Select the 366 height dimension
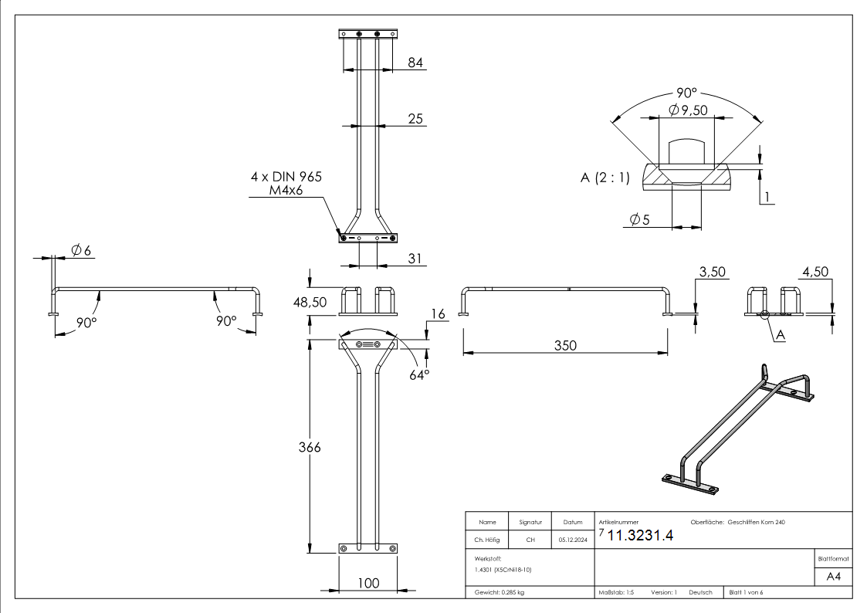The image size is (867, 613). point(310,447)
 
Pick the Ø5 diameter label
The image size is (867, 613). point(639,220)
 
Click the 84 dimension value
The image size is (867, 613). point(415,63)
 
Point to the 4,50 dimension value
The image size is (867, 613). point(815,272)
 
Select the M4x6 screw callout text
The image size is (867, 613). point(296,190)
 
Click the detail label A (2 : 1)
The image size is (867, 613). point(605,178)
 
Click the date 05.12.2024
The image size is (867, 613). point(572,540)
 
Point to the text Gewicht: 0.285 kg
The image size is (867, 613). point(499,593)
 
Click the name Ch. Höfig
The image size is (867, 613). point(486,540)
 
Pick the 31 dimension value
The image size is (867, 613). point(415,259)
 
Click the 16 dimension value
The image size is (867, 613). point(439,314)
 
